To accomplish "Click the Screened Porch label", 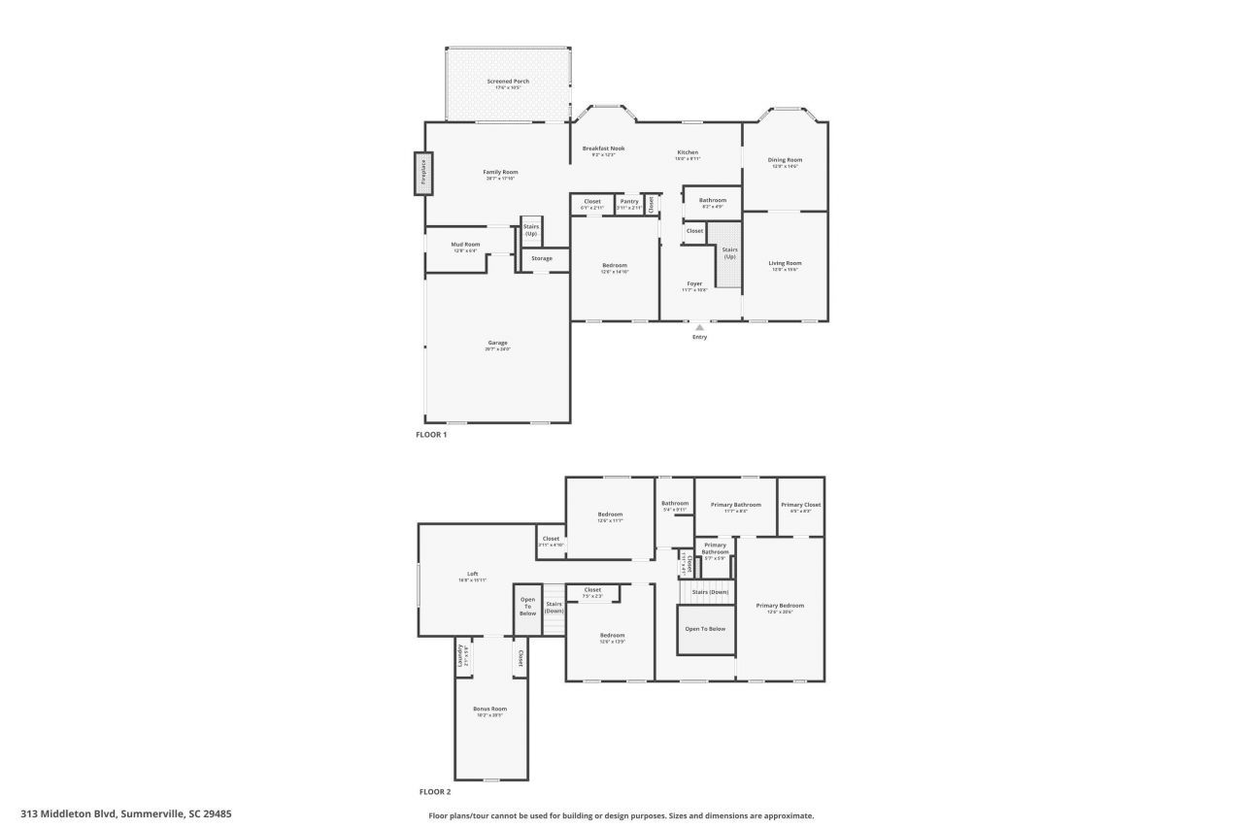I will (x=508, y=82).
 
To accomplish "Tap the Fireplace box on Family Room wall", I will (x=423, y=174).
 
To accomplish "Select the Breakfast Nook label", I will (x=603, y=149).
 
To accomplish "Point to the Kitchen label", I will (x=688, y=152).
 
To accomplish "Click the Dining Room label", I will (x=785, y=160).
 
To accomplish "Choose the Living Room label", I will (x=785, y=263).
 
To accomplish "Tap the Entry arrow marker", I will (x=699, y=328).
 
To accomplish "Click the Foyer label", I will (x=694, y=283).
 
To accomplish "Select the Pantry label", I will (x=629, y=201).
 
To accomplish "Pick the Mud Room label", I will (x=465, y=245).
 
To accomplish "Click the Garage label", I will (x=497, y=343).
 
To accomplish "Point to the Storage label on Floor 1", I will (x=542, y=258).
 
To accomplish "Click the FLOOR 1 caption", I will (x=431, y=435).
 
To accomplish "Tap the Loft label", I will (x=473, y=574).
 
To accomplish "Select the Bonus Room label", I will (x=489, y=709).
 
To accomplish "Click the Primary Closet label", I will (x=801, y=505).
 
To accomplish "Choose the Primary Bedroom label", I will (x=780, y=606).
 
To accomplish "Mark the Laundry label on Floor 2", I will (x=460, y=656).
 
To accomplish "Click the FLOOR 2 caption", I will (x=434, y=792).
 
